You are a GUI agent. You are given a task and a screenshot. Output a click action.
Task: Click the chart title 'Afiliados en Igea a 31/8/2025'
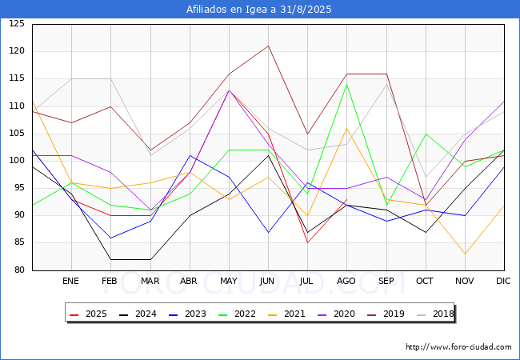pyautogui.click(x=259, y=10)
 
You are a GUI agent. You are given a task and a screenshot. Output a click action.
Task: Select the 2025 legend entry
pyautogui.click(x=89, y=314)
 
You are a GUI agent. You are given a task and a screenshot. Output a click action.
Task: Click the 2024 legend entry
pyautogui.click(x=138, y=314)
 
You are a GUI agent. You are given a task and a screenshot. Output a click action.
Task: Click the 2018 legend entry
pyautogui.click(x=433, y=314)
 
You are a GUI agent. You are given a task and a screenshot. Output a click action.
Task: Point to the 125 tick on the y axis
pyautogui.click(x=17, y=24)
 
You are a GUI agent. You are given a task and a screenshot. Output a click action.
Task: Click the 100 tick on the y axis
pyautogui.click(x=17, y=161)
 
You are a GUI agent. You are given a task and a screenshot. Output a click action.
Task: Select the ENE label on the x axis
pyautogui.click(x=71, y=282)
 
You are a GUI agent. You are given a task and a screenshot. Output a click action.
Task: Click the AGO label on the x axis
pyautogui.click(x=346, y=282)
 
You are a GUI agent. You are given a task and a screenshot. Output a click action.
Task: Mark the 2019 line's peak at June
pyautogui.click(x=268, y=46)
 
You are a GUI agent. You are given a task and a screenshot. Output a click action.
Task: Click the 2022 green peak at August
pyautogui.click(x=346, y=84)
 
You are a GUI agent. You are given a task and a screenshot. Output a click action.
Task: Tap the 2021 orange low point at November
pyautogui.click(x=464, y=254)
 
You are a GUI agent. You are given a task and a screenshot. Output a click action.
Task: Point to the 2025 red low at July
pyautogui.click(x=307, y=242)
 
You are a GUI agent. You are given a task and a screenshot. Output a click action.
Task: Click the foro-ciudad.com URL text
pyautogui.click(x=458, y=347)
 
